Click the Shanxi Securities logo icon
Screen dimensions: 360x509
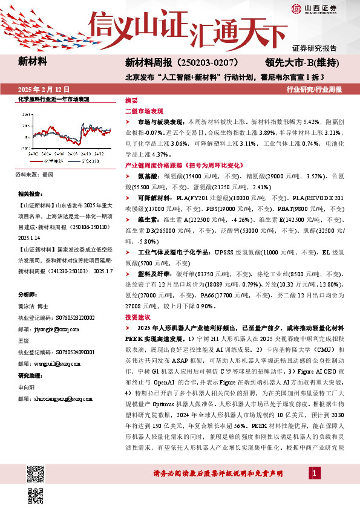pyautogui.click(x=296, y=8)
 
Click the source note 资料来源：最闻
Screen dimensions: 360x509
pyautogui.click(x=36, y=174)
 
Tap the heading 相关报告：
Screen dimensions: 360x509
pyautogui.click(x=31, y=194)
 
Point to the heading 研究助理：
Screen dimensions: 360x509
pyautogui.click(x=33, y=374)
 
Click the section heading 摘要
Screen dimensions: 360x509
pyautogui.click(x=131, y=100)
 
